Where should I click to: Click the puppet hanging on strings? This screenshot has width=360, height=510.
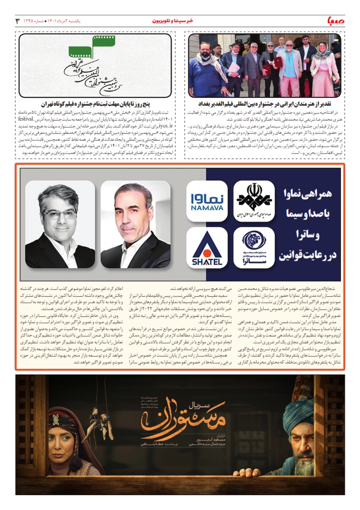point(100,423)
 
